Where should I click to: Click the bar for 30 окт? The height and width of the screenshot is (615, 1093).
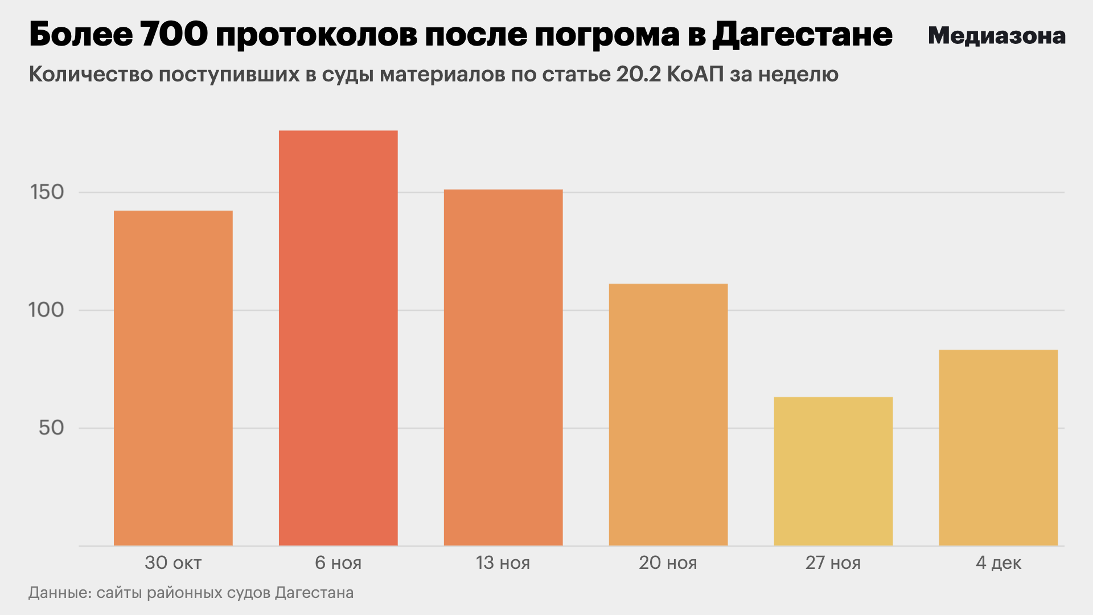coord(173,378)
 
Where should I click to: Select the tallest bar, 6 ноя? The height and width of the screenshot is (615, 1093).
coord(338,338)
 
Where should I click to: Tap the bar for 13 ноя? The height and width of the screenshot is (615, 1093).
coord(503,367)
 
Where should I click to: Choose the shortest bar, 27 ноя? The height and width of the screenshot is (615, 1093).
coord(833,471)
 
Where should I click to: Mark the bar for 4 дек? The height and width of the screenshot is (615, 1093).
coord(999,448)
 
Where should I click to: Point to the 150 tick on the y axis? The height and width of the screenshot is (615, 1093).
coord(47,192)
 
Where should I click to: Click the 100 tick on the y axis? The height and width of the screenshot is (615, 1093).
coord(46,310)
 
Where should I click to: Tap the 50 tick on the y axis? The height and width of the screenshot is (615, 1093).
coord(51,428)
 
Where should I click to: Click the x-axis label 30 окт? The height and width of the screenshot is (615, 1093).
coord(173,563)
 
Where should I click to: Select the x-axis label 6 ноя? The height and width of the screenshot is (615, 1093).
coord(338,563)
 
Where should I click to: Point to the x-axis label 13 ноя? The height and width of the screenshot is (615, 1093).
coord(503,563)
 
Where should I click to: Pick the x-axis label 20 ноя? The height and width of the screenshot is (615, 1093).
coord(668,563)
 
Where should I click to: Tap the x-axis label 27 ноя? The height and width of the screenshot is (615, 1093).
coord(833,563)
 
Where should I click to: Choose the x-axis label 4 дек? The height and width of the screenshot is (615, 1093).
coord(999,563)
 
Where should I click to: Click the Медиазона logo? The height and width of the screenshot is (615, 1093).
coord(997,36)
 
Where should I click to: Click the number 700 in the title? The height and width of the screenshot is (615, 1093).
coord(174,35)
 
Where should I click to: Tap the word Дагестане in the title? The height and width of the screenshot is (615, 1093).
coord(803,35)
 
